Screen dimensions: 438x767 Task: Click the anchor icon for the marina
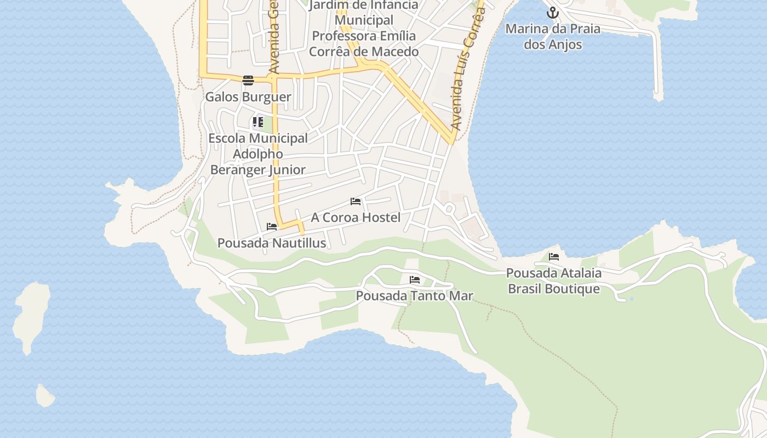pyautogui.click(x=553, y=12)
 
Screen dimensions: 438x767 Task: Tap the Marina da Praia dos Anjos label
pyautogui.click(x=553, y=36)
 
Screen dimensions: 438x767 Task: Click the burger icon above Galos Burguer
pyautogui.click(x=248, y=80)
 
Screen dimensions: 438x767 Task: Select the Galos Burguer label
pyautogui.click(x=248, y=97)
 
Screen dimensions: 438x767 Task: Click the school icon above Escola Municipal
pyautogui.click(x=258, y=122)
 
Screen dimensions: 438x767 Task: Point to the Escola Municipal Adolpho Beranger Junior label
pyautogui.click(x=258, y=154)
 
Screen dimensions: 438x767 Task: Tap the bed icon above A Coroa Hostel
pyautogui.click(x=356, y=201)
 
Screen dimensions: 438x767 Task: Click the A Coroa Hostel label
pyautogui.click(x=356, y=217)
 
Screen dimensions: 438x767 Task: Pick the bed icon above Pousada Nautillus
pyautogui.click(x=272, y=227)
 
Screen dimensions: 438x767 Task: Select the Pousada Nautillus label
pyautogui.click(x=272, y=243)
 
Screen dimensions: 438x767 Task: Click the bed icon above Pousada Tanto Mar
pyautogui.click(x=415, y=280)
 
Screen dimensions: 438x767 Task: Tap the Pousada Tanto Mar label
pyautogui.click(x=415, y=296)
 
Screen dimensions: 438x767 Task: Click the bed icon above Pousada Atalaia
pyautogui.click(x=554, y=256)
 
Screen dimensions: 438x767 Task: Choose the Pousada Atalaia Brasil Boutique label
pyautogui.click(x=554, y=280)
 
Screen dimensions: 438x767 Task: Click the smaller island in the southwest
pyautogui.click(x=45, y=395)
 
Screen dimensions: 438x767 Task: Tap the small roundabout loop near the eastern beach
pyautogui.click(x=449, y=208)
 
